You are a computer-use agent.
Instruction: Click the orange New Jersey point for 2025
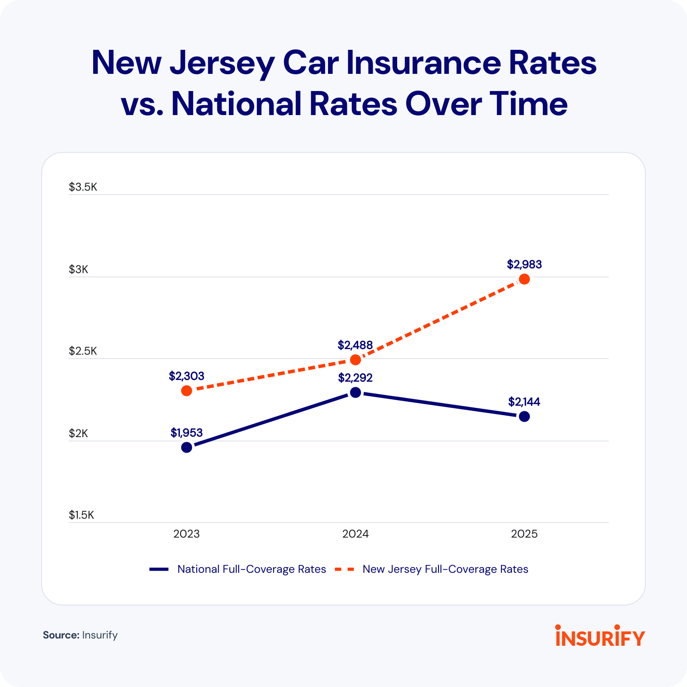coord(524,279)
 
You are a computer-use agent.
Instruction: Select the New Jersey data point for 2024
coord(356,359)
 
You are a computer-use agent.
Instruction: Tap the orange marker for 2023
coord(187,391)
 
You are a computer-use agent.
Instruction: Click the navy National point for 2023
coord(187,447)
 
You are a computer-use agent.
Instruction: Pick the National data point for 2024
coord(356,392)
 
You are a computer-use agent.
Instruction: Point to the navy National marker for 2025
coord(524,416)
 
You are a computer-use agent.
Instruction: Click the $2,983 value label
coord(524,264)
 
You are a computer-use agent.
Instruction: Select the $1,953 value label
coord(187,433)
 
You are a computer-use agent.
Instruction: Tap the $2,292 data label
coord(356,378)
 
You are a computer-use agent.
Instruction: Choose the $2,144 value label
coord(524,402)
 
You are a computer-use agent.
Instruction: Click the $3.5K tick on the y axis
coord(83,187)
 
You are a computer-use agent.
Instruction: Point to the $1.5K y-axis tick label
coord(82,515)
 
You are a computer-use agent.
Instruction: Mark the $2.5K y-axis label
coord(83,351)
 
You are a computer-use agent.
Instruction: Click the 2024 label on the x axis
coord(356,534)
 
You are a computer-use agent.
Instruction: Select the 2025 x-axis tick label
coord(524,534)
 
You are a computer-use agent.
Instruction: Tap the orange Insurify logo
coord(600,636)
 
